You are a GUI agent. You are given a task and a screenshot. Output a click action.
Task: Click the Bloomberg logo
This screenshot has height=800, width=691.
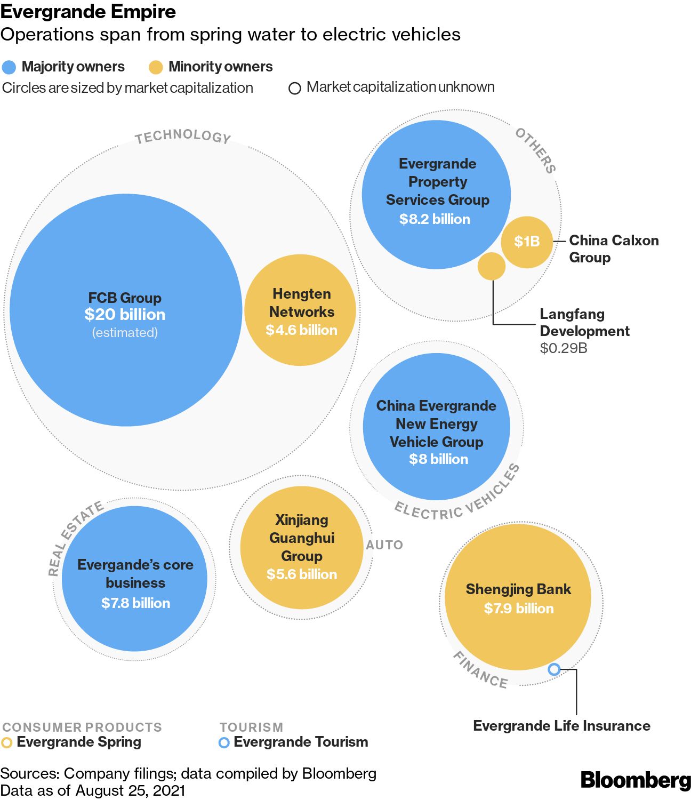(635, 780)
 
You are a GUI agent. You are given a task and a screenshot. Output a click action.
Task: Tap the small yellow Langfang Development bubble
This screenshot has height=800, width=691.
(491, 266)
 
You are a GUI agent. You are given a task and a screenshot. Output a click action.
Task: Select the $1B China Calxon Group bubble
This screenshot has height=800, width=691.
(527, 242)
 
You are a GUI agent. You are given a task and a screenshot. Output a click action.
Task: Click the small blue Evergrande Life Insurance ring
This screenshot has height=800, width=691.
(554, 669)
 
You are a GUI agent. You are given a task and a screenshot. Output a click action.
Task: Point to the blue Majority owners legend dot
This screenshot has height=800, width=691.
(9, 67)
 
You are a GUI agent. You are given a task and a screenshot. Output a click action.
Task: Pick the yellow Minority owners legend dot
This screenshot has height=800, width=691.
(156, 67)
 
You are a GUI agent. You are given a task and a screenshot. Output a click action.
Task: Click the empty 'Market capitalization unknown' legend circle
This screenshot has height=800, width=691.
(294, 88)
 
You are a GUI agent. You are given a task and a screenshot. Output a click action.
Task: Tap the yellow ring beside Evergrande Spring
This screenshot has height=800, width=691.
(6, 742)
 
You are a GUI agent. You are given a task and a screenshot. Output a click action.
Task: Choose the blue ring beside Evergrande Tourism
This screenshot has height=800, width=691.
(224, 742)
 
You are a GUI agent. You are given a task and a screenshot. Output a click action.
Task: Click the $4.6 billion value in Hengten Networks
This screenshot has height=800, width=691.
(301, 330)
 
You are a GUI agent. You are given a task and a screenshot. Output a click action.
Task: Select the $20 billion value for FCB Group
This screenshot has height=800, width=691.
(125, 315)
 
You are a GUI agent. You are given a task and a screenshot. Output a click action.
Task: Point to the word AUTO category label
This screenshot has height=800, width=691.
(384, 545)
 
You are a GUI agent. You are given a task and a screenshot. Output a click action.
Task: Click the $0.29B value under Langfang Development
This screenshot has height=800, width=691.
(563, 348)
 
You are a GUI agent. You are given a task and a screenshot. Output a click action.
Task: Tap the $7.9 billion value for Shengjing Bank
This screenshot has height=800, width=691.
(518, 609)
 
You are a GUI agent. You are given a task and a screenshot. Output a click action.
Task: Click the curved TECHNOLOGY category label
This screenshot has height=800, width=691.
(183, 135)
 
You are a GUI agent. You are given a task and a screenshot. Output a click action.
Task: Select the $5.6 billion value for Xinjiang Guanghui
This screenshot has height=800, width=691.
(302, 574)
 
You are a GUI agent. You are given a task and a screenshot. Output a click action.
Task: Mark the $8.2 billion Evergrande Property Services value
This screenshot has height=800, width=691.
(435, 219)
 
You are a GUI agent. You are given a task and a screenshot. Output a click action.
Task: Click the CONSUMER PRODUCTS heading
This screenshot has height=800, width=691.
(82, 727)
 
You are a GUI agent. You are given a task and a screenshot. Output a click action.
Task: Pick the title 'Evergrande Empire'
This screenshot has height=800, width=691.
(88, 12)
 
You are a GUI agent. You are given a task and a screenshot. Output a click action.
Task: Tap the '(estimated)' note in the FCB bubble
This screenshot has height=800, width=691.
(125, 333)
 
